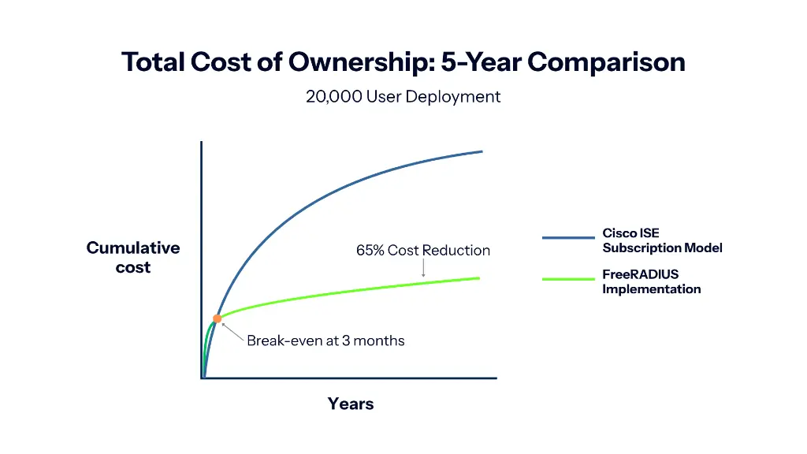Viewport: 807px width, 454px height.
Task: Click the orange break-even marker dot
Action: point(217,318)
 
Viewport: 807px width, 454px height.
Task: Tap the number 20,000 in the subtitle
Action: point(333,97)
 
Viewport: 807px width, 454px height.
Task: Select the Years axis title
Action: point(351,404)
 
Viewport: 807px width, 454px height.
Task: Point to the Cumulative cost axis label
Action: point(133,258)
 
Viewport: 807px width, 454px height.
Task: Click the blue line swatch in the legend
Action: point(568,237)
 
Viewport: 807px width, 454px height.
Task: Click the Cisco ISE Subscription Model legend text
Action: point(662,240)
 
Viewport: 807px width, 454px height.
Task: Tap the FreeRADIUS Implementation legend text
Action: point(651,281)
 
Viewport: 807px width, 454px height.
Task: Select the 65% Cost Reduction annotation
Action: point(423,251)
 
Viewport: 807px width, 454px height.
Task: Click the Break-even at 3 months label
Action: point(325,341)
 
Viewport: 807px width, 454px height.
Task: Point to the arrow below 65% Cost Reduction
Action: point(424,269)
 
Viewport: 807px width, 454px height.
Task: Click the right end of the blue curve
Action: point(481,151)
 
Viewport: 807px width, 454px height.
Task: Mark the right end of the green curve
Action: point(478,277)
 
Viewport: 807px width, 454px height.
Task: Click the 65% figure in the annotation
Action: point(370,251)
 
